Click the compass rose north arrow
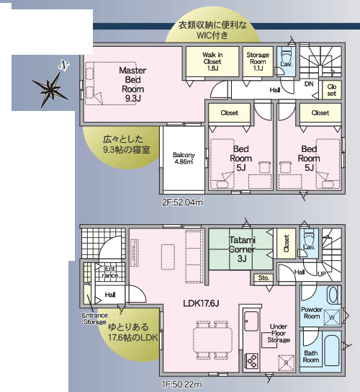coord(50,88)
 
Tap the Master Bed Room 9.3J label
coord(132,84)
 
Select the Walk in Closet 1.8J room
coord(212,61)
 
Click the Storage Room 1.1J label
coord(258,61)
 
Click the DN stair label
coord(309,84)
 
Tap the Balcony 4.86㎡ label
coord(184,159)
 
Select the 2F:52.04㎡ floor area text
coord(182,202)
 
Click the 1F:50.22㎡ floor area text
coord(182,385)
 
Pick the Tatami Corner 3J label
coord(242,249)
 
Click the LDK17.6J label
coord(201,303)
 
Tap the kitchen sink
coord(251,321)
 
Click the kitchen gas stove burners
coord(252,361)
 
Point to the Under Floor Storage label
coord(279,333)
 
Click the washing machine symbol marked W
coord(332,317)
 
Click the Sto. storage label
coord(264,278)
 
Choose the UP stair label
coord(322,274)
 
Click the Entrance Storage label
coord(95,318)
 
